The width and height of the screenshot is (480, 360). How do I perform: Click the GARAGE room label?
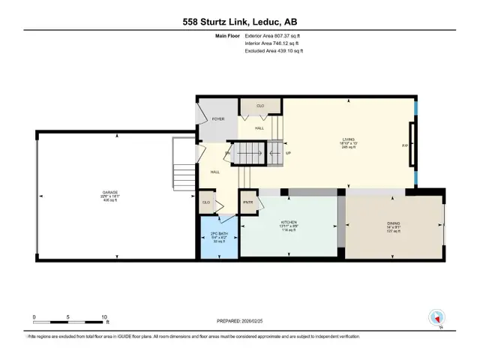coord(110,193)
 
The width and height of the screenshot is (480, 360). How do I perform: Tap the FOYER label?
coord(218,118)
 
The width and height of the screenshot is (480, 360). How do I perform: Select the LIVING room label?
coord(349,139)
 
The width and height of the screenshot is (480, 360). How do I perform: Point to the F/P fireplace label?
coord(405,145)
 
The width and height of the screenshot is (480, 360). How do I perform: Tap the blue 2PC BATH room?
coord(219,238)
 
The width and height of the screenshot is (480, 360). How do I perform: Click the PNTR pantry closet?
coord(247,202)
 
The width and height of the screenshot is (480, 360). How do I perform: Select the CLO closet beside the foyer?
coord(260,106)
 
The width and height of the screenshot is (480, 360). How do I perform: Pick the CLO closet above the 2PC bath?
coord(205,202)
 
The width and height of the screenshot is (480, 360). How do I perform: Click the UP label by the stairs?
coord(287,154)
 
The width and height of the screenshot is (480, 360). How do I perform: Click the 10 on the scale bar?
coord(104,317)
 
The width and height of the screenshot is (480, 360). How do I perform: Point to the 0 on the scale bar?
coord(34,317)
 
